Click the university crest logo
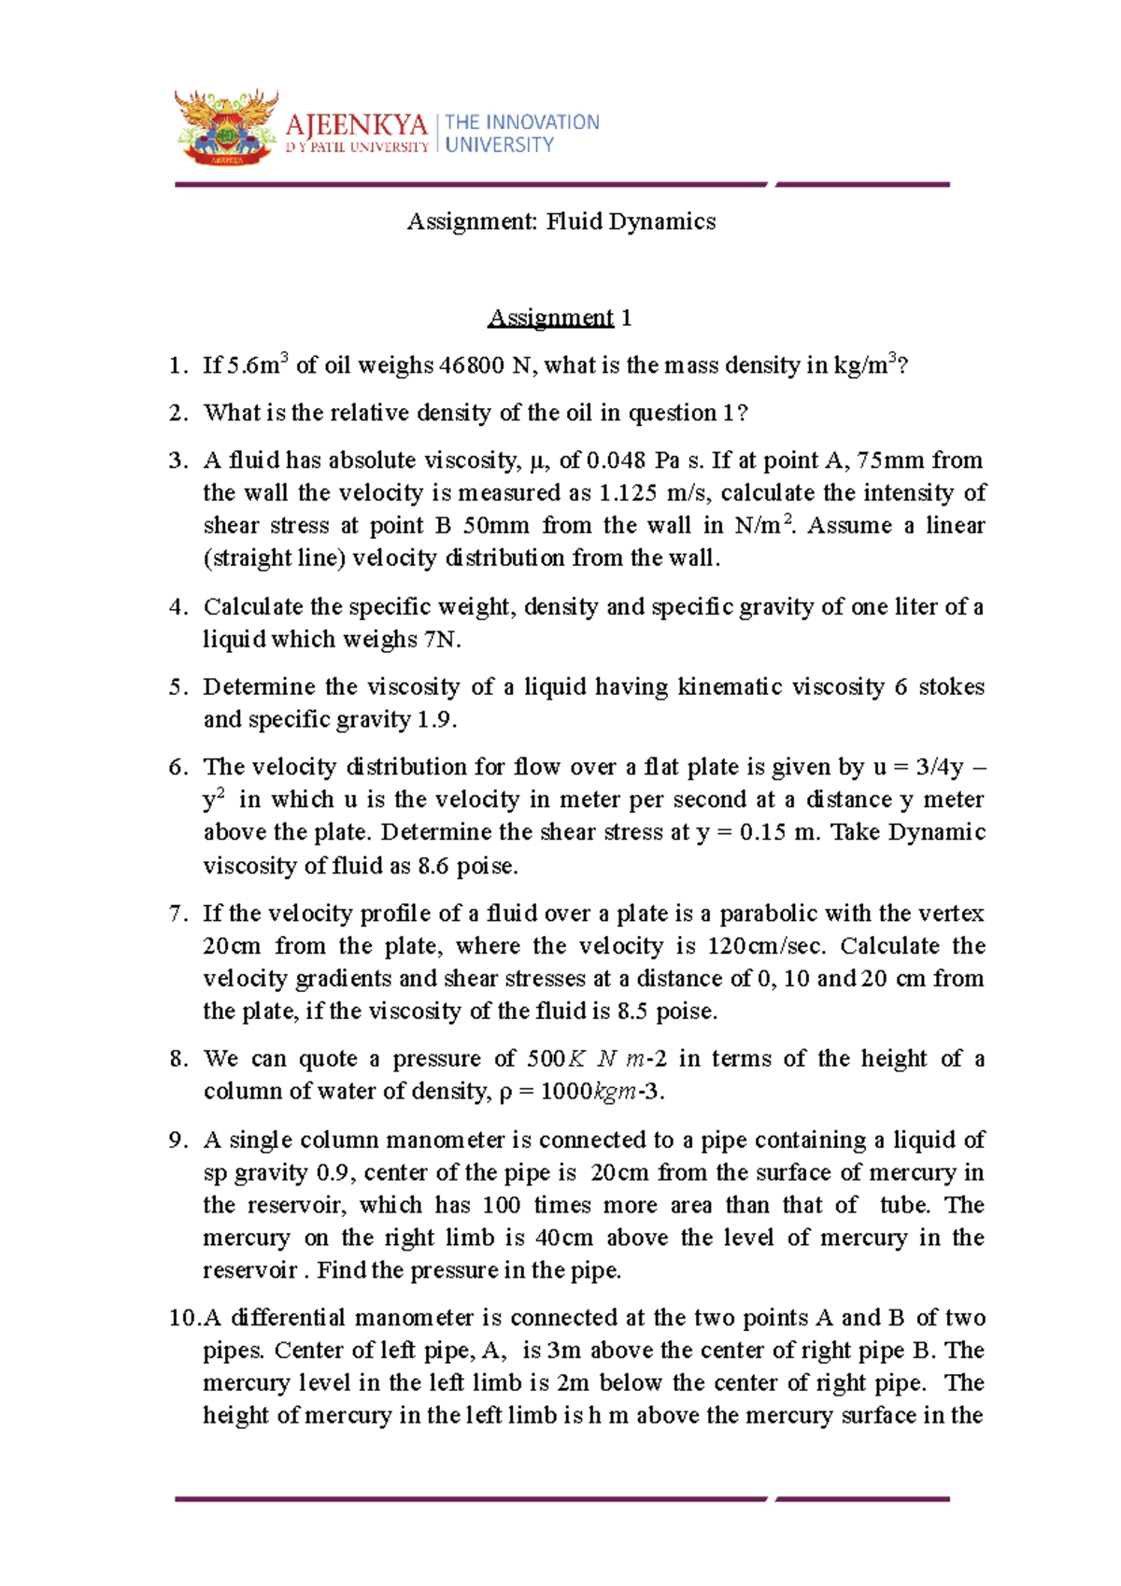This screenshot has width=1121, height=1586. point(227,128)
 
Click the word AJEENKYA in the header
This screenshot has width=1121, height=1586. point(356,125)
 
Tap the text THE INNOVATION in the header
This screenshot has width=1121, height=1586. point(522,122)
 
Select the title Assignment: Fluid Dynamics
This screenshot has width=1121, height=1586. point(561,222)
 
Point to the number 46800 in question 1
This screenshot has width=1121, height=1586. point(471,365)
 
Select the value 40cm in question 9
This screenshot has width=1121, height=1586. point(563,1239)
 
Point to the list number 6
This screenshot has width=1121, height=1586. point(177,768)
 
